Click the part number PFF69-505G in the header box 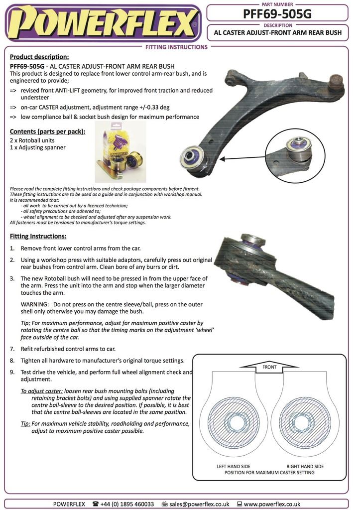(277, 14)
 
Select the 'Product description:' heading (39, 57)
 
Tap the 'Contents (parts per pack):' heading (47, 131)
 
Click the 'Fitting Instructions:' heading (38, 236)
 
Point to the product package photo (120, 152)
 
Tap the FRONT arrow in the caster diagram (269, 367)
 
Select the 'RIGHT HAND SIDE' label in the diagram (305, 467)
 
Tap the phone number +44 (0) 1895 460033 (127, 504)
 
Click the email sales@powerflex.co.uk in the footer (199, 504)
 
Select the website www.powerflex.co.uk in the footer (272, 504)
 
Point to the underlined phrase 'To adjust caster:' (41, 391)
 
